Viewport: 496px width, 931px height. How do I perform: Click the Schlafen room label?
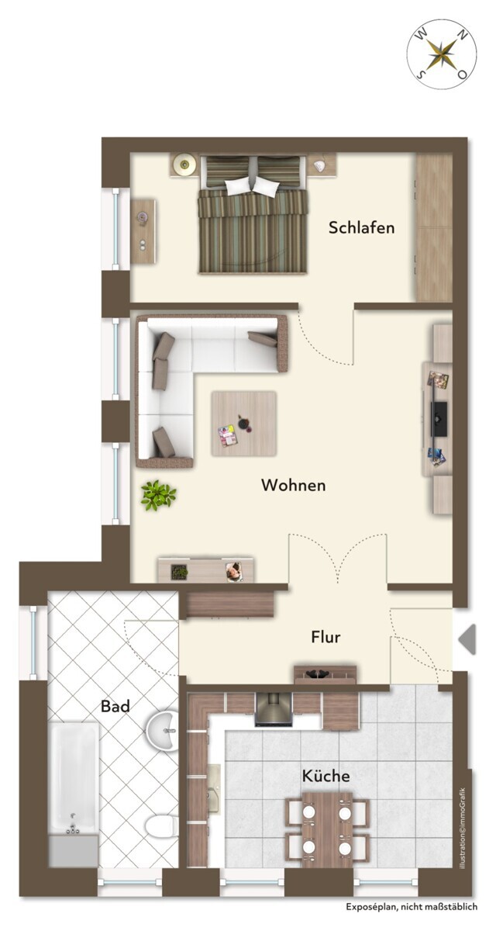361,227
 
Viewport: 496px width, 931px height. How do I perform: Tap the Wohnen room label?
294,485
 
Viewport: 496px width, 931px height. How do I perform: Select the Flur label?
325,637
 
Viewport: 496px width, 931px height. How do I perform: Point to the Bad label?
115,706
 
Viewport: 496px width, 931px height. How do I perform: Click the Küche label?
325,776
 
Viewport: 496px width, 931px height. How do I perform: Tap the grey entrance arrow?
467,639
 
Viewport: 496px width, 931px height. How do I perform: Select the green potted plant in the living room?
158,495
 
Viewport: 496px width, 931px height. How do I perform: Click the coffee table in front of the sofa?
244,423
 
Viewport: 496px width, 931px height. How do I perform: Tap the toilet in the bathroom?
163,825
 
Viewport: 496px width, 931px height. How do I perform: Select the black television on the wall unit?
439,418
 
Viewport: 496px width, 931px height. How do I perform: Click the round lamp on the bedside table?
184,165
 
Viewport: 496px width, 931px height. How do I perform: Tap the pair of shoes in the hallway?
318,673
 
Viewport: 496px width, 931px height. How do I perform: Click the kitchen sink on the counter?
215,788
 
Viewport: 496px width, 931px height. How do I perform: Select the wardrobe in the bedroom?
434,227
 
